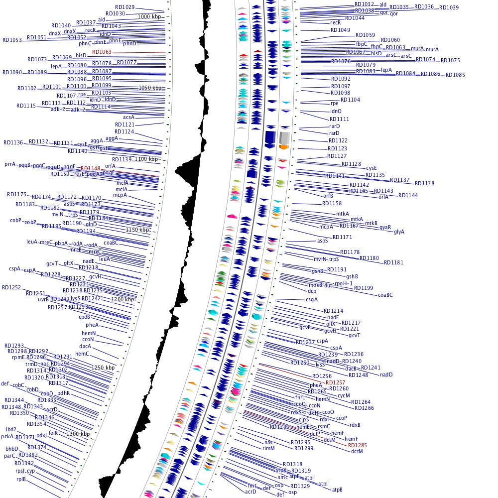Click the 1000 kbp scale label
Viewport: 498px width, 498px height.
(150, 16)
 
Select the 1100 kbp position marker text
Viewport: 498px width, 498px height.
(146, 159)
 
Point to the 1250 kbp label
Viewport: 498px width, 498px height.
(103, 368)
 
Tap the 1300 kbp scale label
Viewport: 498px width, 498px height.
(78, 434)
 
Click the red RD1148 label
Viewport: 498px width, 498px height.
(91, 169)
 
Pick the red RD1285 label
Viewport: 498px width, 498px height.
(358, 445)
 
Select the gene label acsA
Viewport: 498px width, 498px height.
(128, 117)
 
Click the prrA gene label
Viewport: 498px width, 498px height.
(10, 164)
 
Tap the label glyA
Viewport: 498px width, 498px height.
(399, 232)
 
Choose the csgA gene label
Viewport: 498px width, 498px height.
(311, 299)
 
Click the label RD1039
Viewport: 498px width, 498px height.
(449, 7)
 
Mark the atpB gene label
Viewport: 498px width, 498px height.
(337, 490)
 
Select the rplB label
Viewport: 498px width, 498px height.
(21, 479)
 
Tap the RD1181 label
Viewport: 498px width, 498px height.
(393, 262)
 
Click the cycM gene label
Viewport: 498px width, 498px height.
(344, 395)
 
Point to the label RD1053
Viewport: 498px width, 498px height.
(12, 40)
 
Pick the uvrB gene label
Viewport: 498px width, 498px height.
(43, 299)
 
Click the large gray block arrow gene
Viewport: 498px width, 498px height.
(284, 136)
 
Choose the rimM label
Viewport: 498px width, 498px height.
(268, 448)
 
